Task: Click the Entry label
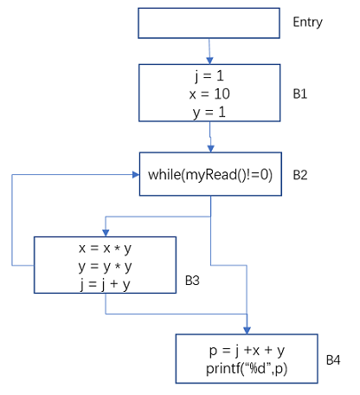point(307,23)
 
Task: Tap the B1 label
point(300,94)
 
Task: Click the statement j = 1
point(209,76)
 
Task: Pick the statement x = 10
point(209,94)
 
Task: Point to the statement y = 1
point(209,113)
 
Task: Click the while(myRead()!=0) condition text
point(210,175)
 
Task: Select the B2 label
point(300,175)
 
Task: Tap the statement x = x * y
point(105,249)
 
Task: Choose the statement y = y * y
point(105,267)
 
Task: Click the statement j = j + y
point(105,285)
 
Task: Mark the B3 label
point(192,281)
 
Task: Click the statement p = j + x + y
point(247,351)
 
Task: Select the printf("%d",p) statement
point(247,369)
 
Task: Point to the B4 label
point(333,360)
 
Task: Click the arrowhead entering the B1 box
point(209,61)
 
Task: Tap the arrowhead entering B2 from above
point(211,149)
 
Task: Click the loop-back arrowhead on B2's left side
point(136,174)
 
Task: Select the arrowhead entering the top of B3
point(106,233)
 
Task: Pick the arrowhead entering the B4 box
point(247,331)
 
